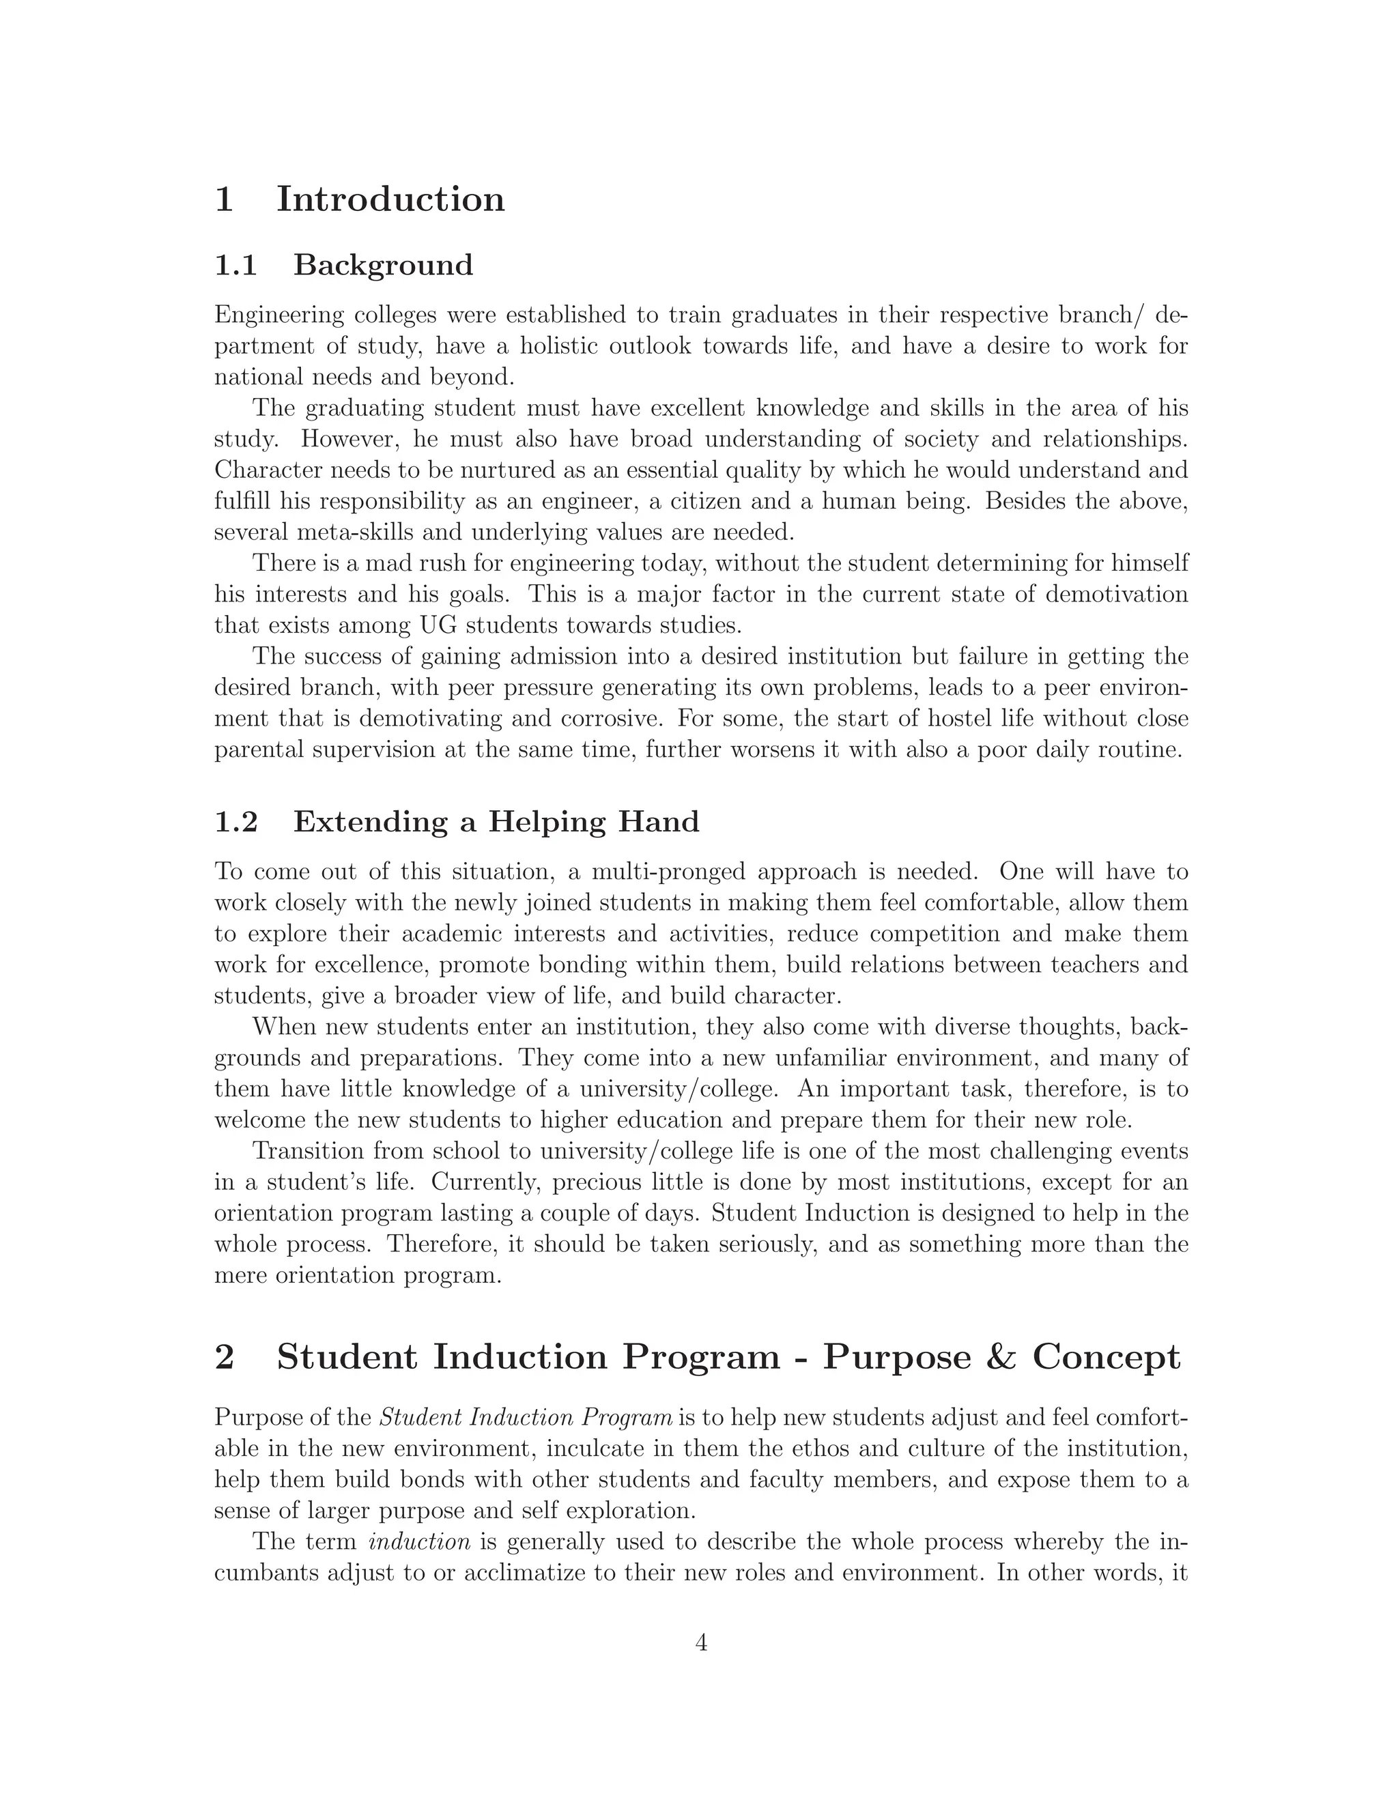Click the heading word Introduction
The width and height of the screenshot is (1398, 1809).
[x=390, y=199]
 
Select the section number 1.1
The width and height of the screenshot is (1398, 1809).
[x=236, y=266]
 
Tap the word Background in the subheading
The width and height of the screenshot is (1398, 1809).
[x=384, y=266]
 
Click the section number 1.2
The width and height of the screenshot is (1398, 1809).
[x=236, y=823]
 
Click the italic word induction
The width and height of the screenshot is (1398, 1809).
[x=419, y=1542]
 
